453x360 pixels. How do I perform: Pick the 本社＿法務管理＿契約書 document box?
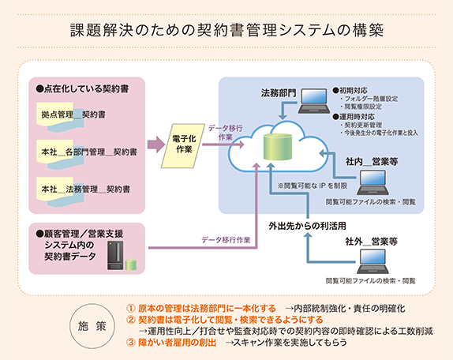pyautogui.click(x=86, y=189)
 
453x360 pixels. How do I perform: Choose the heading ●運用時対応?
pyautogui.click(x=357, y=115)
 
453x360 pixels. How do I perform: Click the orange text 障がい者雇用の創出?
pyautogui.click(x=178, y=343)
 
